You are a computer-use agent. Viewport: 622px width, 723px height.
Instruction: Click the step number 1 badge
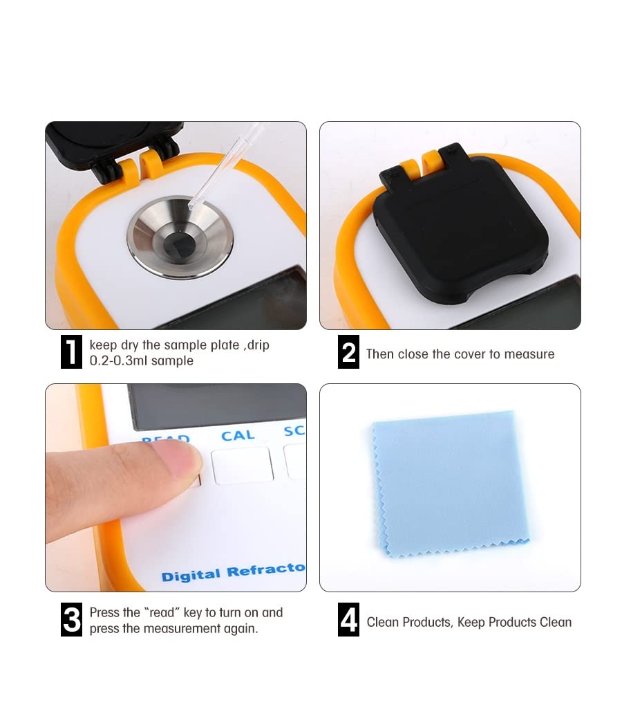click(71, 352)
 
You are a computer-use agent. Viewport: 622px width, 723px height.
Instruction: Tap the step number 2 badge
click(348, 352)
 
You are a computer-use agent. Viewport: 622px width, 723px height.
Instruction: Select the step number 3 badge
click(71, 619)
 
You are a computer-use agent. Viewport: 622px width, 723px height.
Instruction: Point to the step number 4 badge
click(348, 619)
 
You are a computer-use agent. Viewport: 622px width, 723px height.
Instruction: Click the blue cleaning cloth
click(451, 484)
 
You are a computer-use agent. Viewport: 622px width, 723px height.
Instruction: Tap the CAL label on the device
click(238, 435)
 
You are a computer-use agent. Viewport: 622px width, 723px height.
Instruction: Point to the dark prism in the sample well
click(180, 241)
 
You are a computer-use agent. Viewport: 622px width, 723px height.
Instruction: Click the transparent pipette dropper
click(225, 167)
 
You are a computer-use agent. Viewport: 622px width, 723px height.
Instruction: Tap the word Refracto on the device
click(266, 570)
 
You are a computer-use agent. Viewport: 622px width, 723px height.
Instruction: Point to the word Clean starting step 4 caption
click(386, 622)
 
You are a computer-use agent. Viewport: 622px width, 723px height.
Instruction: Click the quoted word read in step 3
click(161, 612)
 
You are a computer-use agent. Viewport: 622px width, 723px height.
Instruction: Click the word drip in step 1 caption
click(258, 345)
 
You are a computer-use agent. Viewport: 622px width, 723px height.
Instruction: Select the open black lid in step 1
click(113, 147)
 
